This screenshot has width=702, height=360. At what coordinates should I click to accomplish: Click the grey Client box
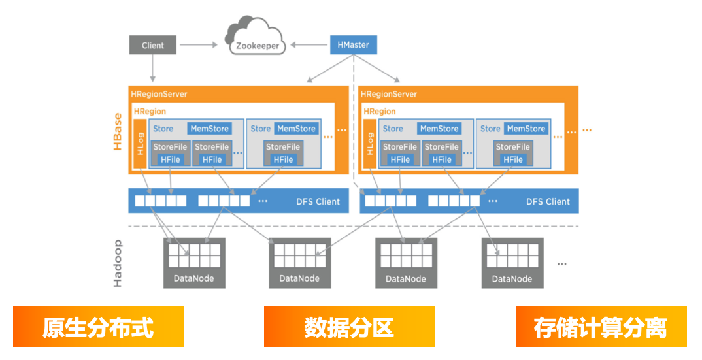(x=153, y=45)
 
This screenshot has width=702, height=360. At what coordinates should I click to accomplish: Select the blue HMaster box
(x=353, y=45)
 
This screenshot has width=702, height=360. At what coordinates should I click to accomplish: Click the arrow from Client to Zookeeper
(x=199, y=45)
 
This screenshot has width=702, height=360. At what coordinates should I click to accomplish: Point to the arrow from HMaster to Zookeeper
(x=309, y=45)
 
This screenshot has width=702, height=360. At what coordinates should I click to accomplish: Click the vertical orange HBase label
(x=117, y=131)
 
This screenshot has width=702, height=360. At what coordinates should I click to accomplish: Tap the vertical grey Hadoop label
(x=117, y=263)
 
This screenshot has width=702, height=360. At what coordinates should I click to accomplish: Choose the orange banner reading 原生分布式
(x=98, y=327)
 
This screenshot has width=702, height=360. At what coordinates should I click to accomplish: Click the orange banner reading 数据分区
(x=349, y=327)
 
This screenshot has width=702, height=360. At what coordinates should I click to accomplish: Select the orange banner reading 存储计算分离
(x=601, y=327)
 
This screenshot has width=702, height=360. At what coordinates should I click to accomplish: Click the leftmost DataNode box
(x=194, y=263)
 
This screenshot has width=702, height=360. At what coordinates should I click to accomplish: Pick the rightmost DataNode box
(x=512, y=263)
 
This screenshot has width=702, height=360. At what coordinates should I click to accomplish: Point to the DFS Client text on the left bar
(x=318, y=201)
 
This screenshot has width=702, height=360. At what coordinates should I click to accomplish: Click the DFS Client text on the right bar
(x=548, y=201)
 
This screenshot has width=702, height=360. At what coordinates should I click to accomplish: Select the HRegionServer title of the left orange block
(x=159, y=94)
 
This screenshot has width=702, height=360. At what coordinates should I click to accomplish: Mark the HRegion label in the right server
(x=380, y=112)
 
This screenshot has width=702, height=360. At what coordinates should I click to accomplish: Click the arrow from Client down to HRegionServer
(x=153, y=69)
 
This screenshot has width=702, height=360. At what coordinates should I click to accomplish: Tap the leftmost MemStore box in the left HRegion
(x=210, y=129)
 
